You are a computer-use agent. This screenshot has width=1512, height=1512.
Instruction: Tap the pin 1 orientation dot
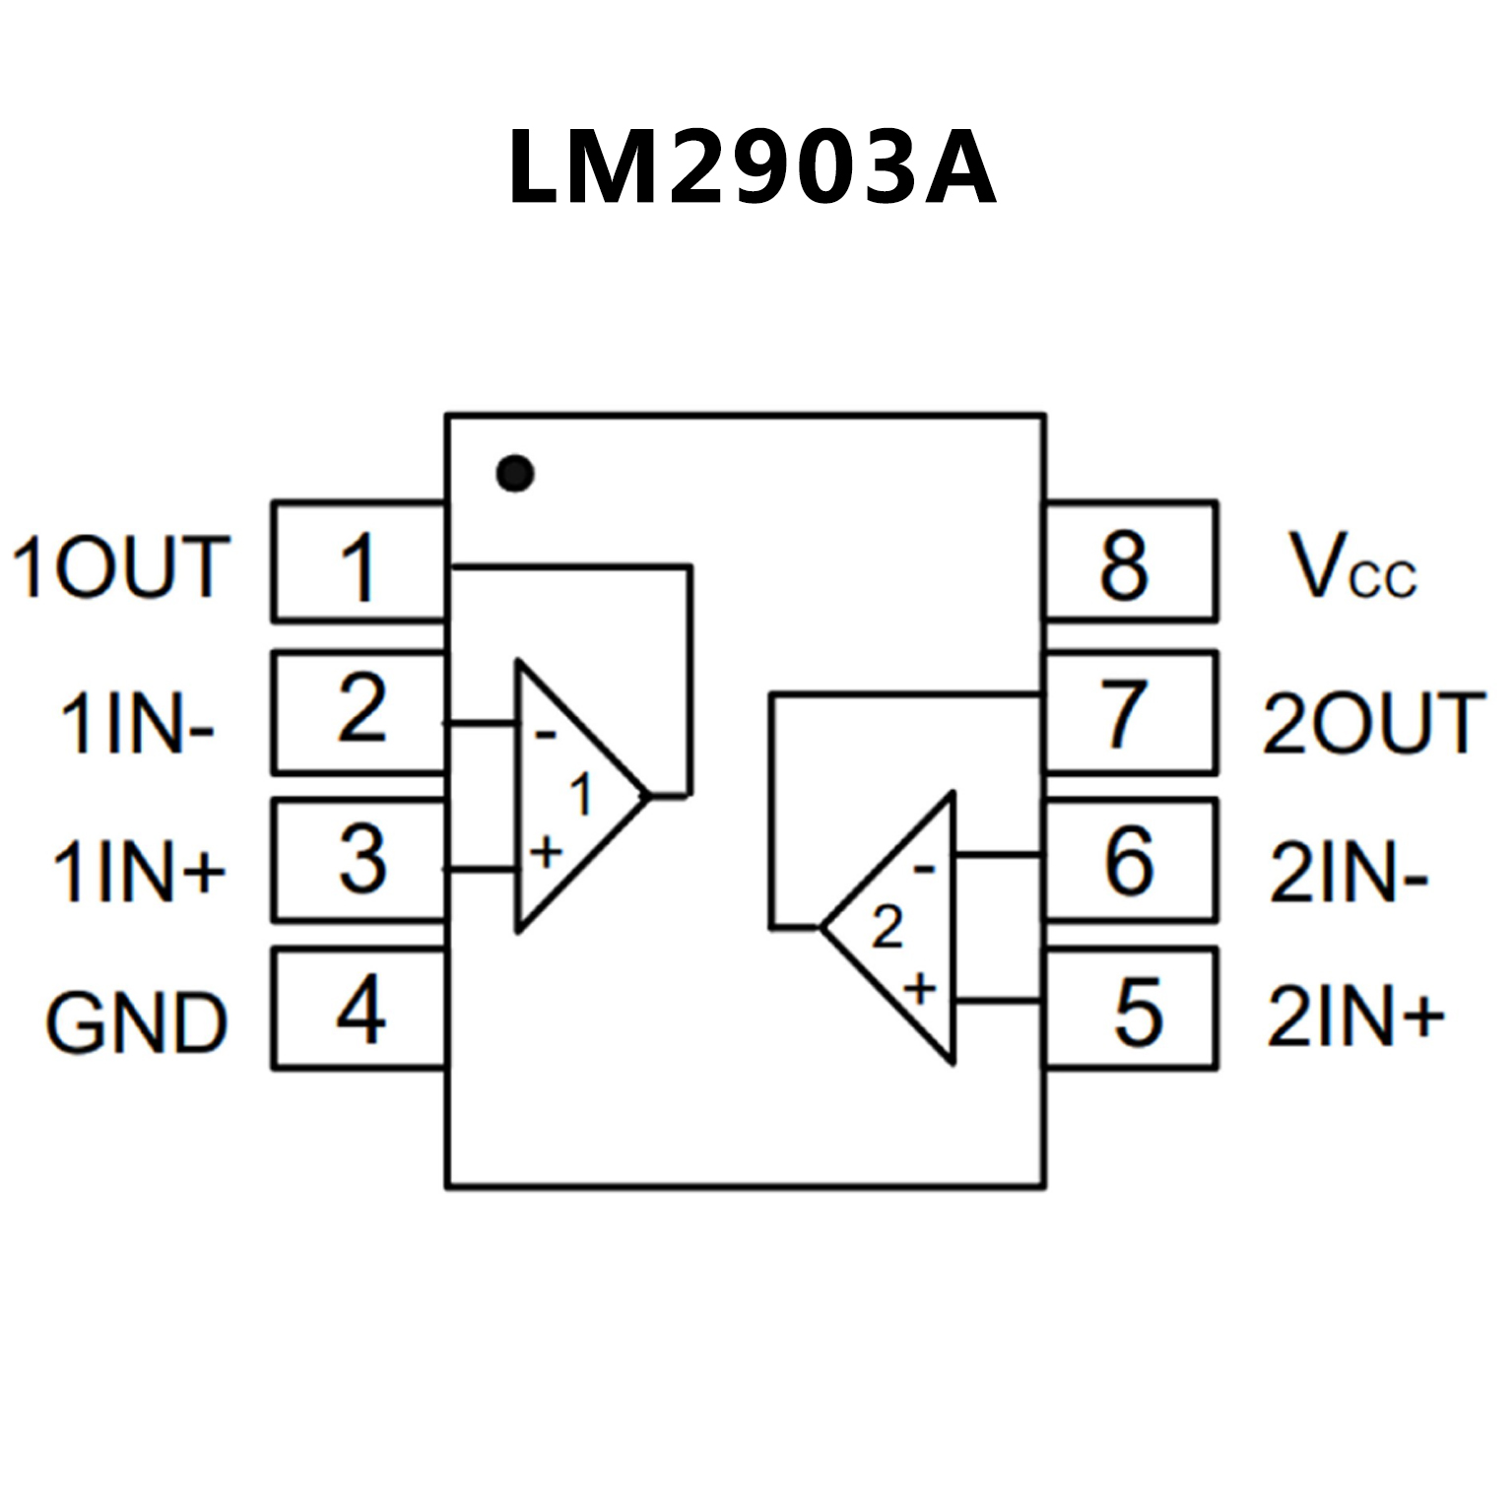(x=515, y=474)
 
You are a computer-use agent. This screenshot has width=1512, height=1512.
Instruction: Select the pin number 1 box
(x=359, y=562)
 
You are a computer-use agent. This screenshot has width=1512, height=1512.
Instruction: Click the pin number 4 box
(x=359, y=1009)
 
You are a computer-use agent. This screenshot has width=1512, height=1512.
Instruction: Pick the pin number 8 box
(x=1131, y=562)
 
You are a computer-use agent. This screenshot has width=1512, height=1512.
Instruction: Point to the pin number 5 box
(x=1131, y=1009)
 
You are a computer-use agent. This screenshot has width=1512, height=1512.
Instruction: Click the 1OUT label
(x=121, y=567)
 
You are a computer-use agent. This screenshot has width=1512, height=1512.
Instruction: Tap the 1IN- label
(x=137, y=723)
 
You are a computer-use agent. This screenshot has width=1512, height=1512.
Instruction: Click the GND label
(x=137, y=1022)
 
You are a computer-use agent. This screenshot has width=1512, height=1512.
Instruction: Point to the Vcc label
(x=1352, y=567)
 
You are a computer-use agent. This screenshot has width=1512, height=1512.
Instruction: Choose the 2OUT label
(x=1373, y=723)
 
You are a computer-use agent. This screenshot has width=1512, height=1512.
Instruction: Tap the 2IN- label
(x=1348, y=873)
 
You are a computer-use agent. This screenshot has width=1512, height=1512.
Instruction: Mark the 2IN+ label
(x=1355, y=1017)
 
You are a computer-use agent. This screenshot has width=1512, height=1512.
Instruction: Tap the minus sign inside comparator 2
(x=924, y=869)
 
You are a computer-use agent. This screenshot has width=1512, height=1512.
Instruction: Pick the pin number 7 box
(x=1131, y=712)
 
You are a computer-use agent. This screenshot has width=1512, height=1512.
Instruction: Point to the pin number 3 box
(x=359, y=860)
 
